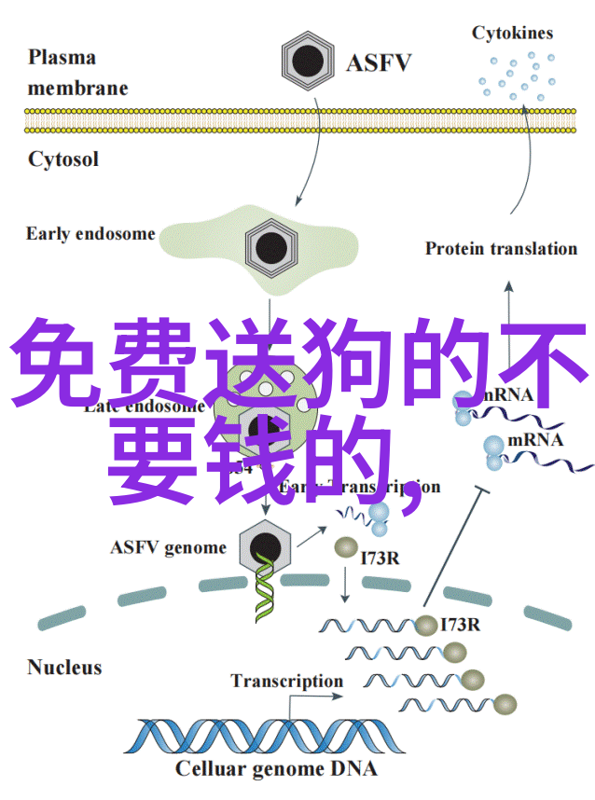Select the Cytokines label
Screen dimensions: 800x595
pyautogui.click(x=512, y=34)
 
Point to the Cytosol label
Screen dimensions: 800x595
pyautogui.click(x=63, y=159)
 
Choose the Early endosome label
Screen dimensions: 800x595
pyautogui.click(x=90, y=233)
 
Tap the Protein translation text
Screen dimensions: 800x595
pyautogui.click(x=502, y=248)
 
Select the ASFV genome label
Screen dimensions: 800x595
pyautogui.click(x=168, y=547)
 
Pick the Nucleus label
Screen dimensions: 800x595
pyautogui.click(x=64, y=668)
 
